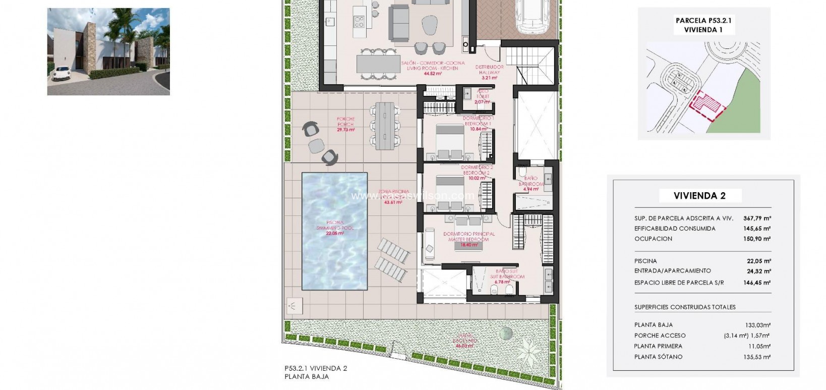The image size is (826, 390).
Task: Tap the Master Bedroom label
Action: tap(468, 237)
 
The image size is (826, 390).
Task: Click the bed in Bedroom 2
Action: tap(449, 191)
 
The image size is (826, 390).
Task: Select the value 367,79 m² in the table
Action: tap(757, 218)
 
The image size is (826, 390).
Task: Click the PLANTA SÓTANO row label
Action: tap(658, 357)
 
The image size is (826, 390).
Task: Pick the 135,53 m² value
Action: tap(757, 357)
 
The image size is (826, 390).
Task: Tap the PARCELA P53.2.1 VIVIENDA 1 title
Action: tap(703, 25)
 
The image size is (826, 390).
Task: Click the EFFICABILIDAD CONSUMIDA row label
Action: tap(675, 229)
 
